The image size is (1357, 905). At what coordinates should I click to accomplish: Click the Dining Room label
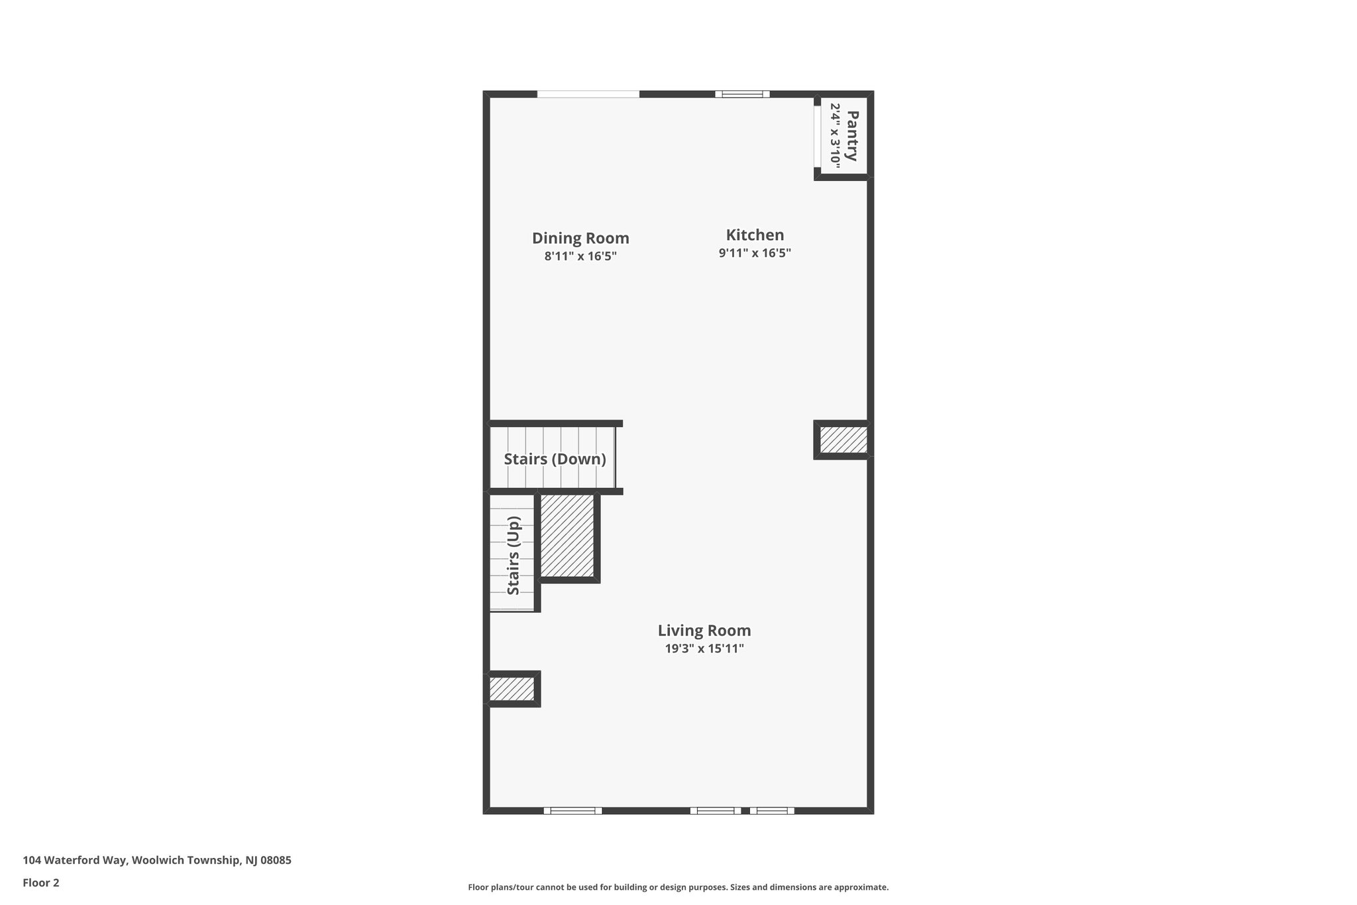(x=580, y=238)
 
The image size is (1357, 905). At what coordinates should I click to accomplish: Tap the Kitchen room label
(x=755, y=235)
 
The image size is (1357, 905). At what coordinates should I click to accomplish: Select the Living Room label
(x=704, y=631)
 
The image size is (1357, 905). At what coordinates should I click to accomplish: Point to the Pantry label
(x=853, y=136)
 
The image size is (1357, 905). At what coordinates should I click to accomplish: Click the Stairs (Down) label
(x=555, y=459)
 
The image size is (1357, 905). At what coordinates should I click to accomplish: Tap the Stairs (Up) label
(x=514, y=556)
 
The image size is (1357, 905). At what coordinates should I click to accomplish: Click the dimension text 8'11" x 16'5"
(x=580, y=257)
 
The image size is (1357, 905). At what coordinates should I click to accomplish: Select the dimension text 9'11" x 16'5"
(x=755, y=253)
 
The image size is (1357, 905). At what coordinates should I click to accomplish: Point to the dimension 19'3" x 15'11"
(x=704, y=648)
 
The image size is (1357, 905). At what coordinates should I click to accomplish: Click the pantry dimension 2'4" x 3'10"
(x=835, y=136)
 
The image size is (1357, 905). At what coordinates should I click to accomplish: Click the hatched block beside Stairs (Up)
(x=567, y=536)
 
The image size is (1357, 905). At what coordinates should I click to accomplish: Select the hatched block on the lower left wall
(x=512, y=689)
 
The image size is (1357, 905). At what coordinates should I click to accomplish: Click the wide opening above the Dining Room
(x=588, y=94)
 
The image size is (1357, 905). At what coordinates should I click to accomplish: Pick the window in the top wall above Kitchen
(x=742, y=94)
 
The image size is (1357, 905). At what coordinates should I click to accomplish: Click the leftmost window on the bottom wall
(x=572, y=810)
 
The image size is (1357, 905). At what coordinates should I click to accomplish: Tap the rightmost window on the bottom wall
(x=772, y=810)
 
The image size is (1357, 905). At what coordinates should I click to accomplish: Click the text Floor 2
(x=41, y=882)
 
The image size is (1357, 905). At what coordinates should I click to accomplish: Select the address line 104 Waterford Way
(x=157, y=860)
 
